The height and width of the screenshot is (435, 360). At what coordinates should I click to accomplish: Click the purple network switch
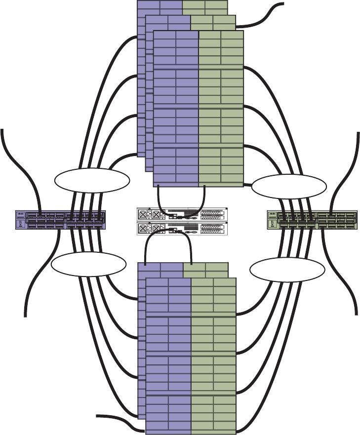[60, 220]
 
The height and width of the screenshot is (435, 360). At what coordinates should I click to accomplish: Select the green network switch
[311, 220]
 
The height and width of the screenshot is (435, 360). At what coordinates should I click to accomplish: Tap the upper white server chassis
[181, 214]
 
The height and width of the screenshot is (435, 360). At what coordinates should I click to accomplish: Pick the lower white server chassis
[181, 229]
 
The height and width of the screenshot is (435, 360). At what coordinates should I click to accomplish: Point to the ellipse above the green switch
[289, 186]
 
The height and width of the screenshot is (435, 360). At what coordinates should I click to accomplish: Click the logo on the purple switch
[20, 215]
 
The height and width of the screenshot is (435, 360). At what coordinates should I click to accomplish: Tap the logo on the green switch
[272, 215]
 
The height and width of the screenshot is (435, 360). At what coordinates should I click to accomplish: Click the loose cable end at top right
[283, 4]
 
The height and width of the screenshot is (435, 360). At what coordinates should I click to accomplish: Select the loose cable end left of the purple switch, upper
[3, 130]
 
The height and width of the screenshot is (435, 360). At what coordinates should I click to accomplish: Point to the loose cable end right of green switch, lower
[356, 312]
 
